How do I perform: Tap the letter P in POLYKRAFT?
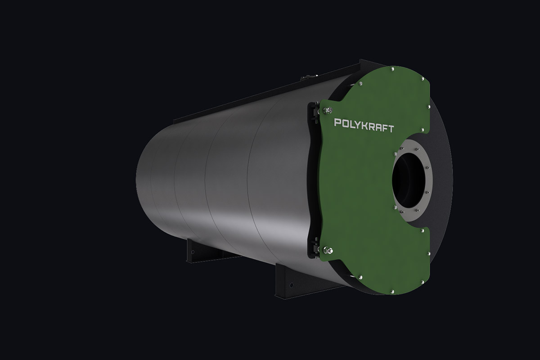coord(337,122)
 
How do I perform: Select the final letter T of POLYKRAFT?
coord(391,129)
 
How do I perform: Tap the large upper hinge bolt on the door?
coord(327,111)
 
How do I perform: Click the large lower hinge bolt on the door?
coord(328,251)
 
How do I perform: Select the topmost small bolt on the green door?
coord(392,69)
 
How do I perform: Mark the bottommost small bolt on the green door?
coord(392,292)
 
